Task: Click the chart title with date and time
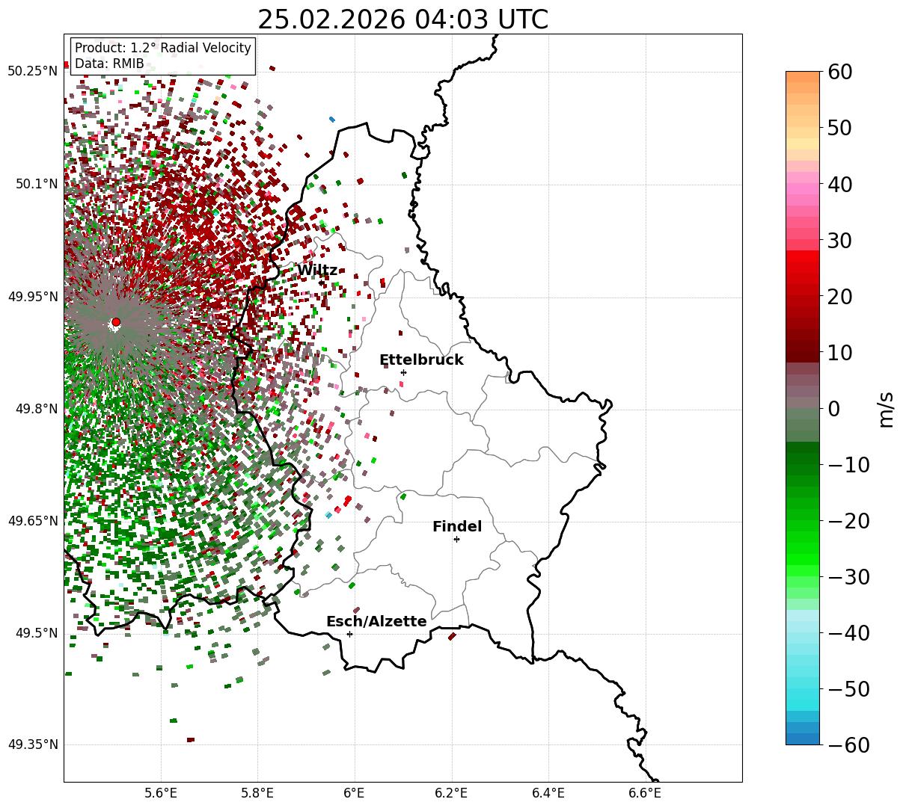click(402, 19)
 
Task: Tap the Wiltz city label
click(316, 270)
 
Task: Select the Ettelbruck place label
click(421, 360)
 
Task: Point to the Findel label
click(456, 526)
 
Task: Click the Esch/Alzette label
click(376, 621)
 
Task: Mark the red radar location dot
click(116, 322)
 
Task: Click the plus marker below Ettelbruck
click(403, 372)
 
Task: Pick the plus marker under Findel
click(456, 539)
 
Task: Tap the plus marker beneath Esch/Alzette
click(349, 634)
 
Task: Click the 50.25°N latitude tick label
click(32, 71)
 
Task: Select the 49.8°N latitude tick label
click(36, 409)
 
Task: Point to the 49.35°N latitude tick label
click(32, 744)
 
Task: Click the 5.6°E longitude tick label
click(161, 793)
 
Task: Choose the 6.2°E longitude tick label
click(451, 793)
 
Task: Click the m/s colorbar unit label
click(886, 409)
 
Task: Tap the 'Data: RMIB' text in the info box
click(109, 64)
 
